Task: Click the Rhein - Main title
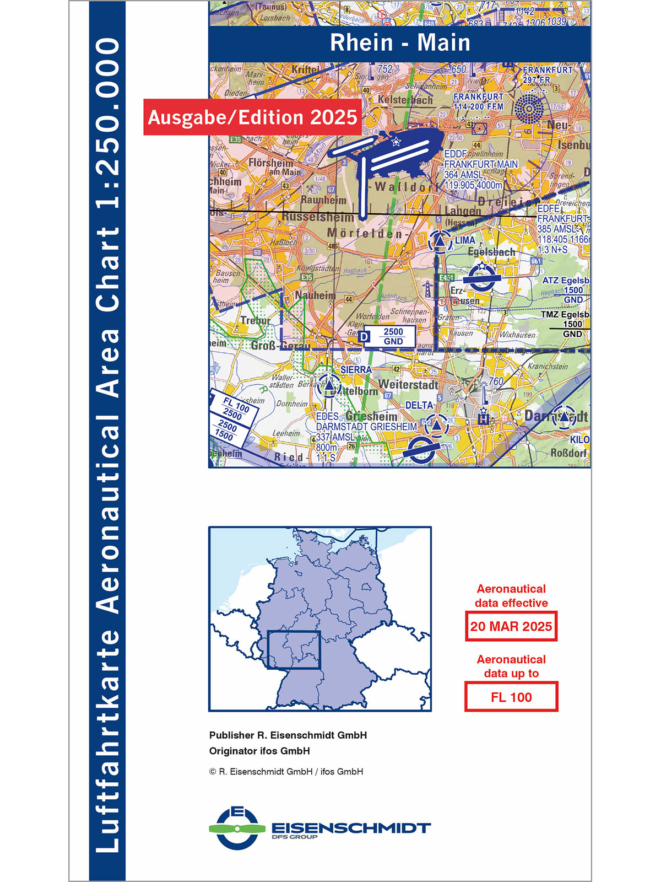coord(400,43)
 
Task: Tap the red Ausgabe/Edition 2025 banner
coord(253,117)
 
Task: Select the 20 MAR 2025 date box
coord(511,626)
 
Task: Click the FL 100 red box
coord(511,697)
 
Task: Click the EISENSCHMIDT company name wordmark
coord(351,828)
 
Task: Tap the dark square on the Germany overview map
coord(294,650)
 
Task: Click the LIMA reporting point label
coord(465,240)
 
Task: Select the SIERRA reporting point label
coord(356,370)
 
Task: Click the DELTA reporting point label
coord(419,406)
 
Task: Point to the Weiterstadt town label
coord(408,385)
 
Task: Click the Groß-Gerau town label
coord(280,346)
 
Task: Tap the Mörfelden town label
coord(366,233)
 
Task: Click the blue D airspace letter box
coord(364,336)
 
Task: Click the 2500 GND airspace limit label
coord(393,336)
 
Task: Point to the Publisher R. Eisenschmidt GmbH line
coord(288,735)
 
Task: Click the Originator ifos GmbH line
coord(259,751)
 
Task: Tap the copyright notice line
coord(286,772)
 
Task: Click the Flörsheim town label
coord(271,164)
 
